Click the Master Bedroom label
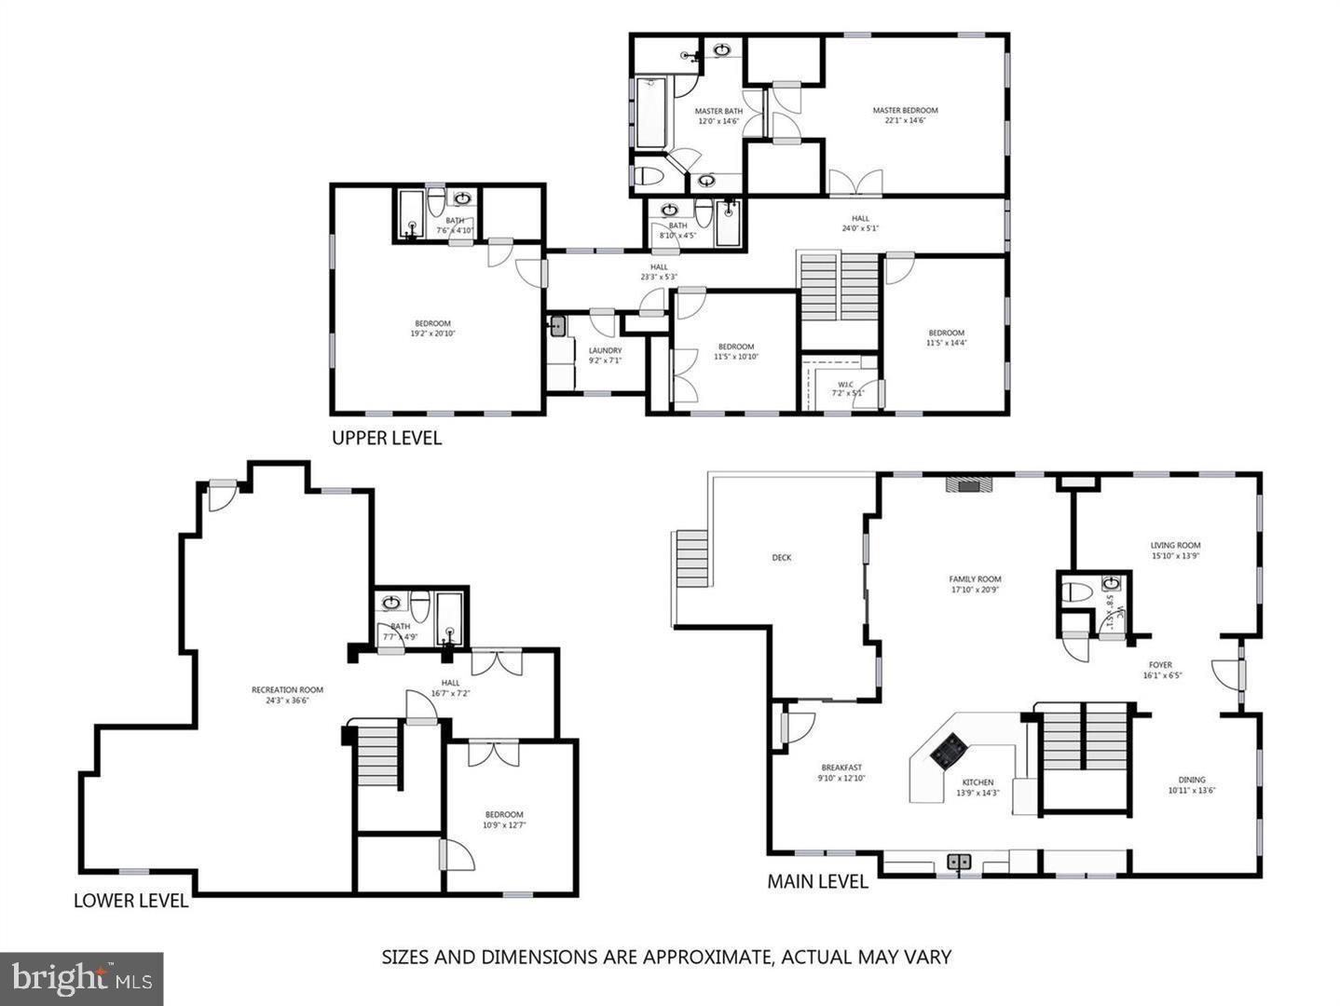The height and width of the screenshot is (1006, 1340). tap(905, 110)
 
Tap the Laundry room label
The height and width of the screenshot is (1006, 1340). tap(605, 351)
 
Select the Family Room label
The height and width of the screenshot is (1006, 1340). tap(975, 579)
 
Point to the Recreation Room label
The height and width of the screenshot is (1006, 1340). tap(287, 690)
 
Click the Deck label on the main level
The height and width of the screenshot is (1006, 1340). tap(781, 558)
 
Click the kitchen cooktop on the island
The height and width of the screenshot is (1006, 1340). tap(950, 747)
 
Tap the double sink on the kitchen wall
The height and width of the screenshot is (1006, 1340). tap(959, 863)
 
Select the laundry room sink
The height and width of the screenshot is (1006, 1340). tap(558, 326)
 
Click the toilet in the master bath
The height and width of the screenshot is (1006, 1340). tap(649, 174)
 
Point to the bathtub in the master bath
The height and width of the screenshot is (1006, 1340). tap(649, 113)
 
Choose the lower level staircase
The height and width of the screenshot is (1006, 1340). tap(377, 754)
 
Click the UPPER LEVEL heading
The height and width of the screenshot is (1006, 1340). tap(387, 438)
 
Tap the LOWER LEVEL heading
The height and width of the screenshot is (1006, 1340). tap(130, 901)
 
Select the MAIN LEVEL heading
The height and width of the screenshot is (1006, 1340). tap(817, 881)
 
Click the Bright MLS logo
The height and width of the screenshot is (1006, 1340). tap(82, 978)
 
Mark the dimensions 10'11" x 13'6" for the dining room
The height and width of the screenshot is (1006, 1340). tap(1192, 790)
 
